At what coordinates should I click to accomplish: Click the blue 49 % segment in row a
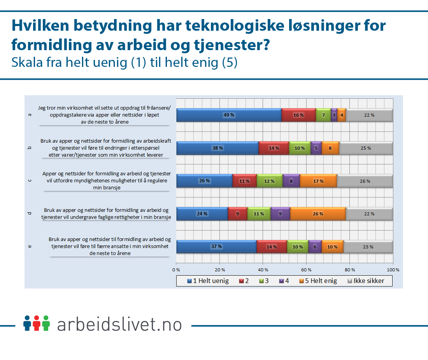pyautogui.click(x=229, y=115)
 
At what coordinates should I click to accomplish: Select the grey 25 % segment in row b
pyautogui.click(x=366, y=148)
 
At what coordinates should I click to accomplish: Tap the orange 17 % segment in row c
pyautogui.click(x=318, y=181)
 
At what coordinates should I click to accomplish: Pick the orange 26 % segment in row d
pyautogui.click(x=318, y=214)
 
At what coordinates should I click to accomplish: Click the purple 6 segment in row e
pyautogui.click(x=315, y=247)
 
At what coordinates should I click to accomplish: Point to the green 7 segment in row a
pyautogui.click(x=323, y=115)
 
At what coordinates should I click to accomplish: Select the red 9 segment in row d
pyautogui.click(x=237, y=214)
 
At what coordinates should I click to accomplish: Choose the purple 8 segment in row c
pyautogui.click(x=291, y=181)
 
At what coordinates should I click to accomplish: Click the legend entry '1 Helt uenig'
pyautogui.click(x=208, y=281)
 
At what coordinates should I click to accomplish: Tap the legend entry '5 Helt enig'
pyautogui.click(x=318, y=281)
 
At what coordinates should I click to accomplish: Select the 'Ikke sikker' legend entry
pyautogui.click(x=365, y=281)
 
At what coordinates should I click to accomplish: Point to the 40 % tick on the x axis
pyautogui.click(x=263, y=269)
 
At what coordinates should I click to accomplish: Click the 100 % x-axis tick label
pyautogui.click(x=393, y=269)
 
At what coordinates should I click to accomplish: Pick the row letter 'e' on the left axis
pyautogui.click(x=30, y=246)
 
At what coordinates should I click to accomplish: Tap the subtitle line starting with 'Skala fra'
pyautogui.click(x=125, y=62)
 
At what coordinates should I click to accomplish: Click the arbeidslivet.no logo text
pyautogui.click(x=119, y=324)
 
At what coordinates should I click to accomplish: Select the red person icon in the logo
pyautogui.click(x=37, y=323)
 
